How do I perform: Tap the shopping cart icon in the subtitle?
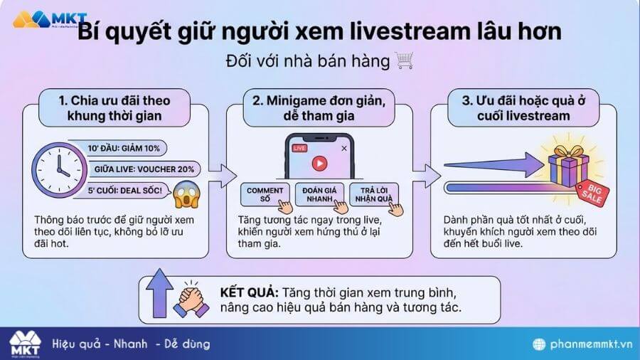[x=404, y=62]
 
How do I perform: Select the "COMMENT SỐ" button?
[x=265, y=194]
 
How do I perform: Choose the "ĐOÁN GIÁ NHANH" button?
[x=319, y=194]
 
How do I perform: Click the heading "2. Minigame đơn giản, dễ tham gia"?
[x=319, y=109]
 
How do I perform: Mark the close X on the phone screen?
[x=344, y=148]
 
